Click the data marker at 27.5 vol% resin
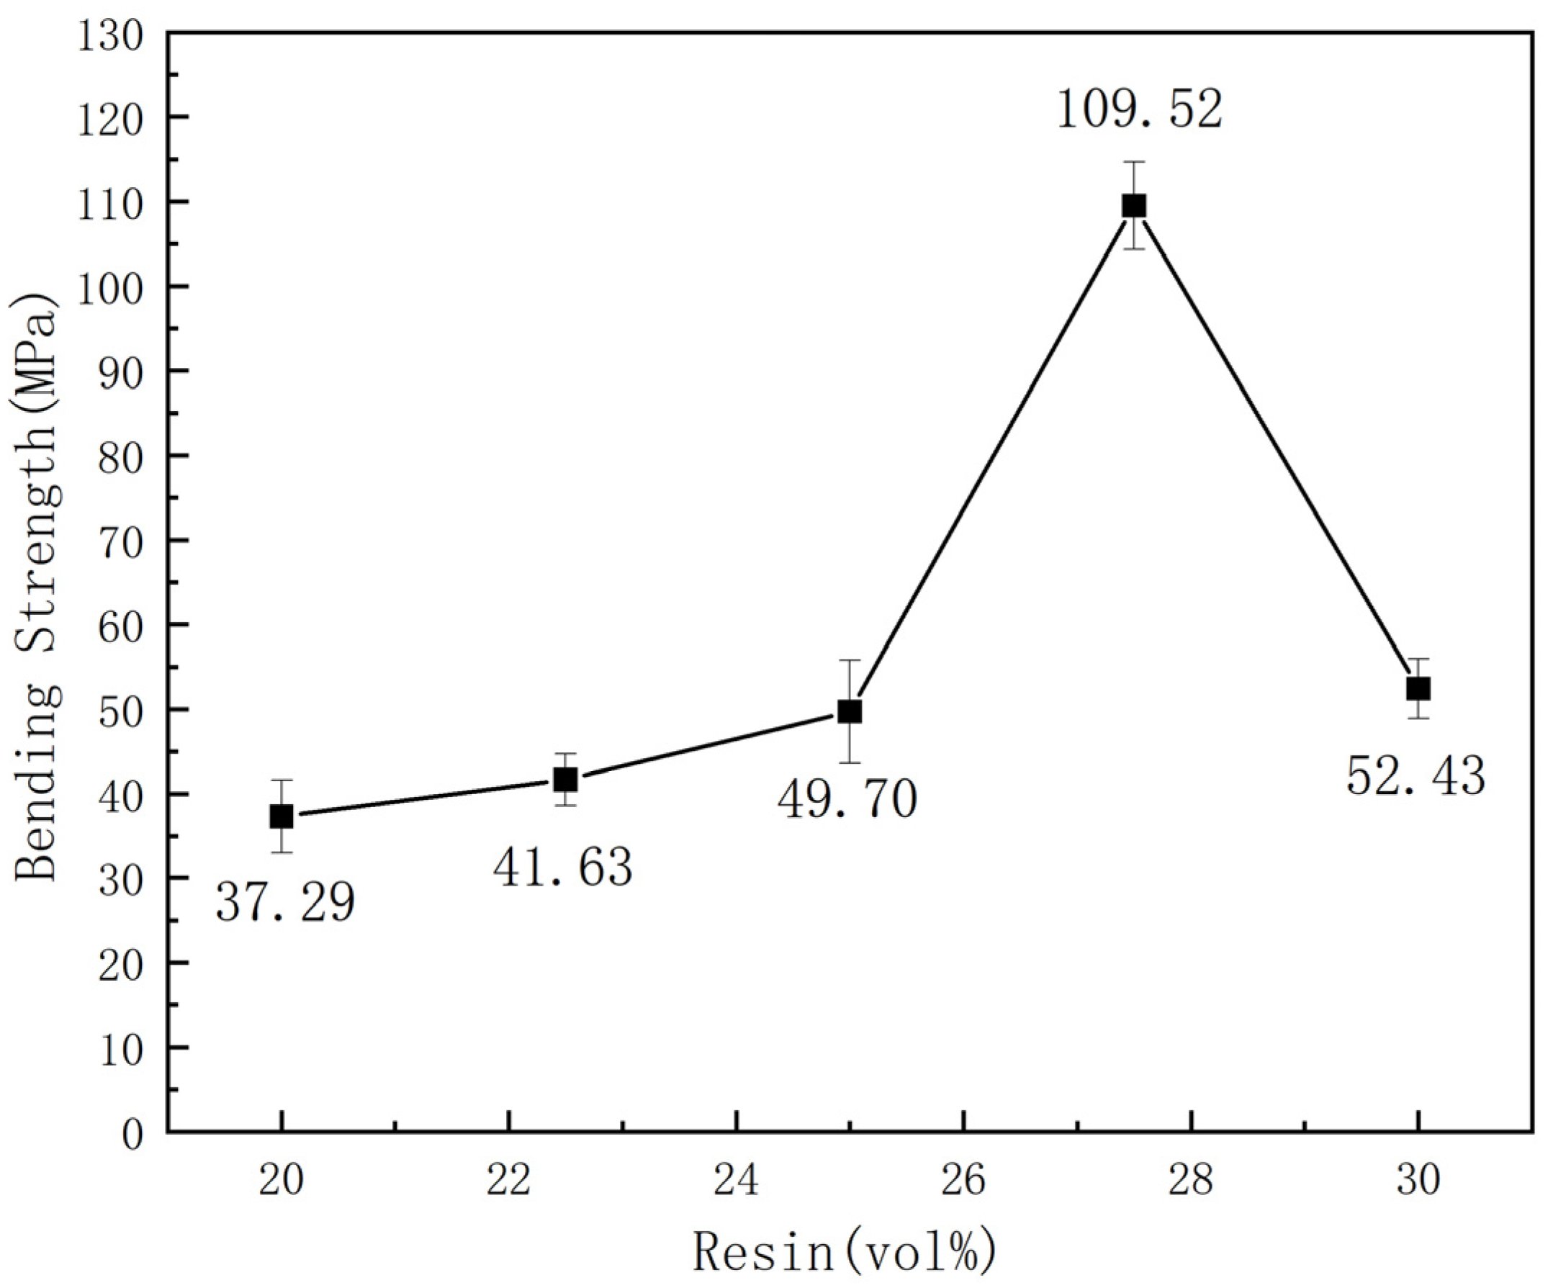point(1134,206)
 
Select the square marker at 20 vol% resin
point(282,817)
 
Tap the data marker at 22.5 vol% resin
point(566,779)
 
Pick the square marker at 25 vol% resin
point(850,712)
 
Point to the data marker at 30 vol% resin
point(1418,689)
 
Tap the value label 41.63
point(563,868)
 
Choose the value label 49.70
point(847,800)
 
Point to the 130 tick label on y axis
point(110,34)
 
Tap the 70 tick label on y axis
point(121,541)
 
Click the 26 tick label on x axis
point(963,1181)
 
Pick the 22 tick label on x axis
point(509,1181)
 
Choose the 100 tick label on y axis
point(110,287)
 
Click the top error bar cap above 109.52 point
point(1134,161)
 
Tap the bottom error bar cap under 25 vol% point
point(850,762)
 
